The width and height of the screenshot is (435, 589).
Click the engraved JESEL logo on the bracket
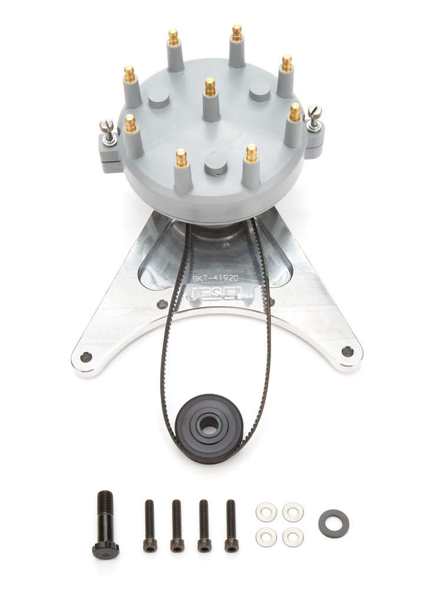point(216,293)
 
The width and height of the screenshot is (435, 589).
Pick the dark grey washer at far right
point(334,523)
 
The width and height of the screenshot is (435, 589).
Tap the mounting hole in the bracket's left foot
point(86,356)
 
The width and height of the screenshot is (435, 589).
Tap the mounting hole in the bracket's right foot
point(347,352)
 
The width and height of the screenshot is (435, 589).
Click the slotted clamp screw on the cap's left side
point(107,125)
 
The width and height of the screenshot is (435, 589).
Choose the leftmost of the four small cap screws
point(150,526)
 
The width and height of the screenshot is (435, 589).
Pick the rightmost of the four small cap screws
point(231,526)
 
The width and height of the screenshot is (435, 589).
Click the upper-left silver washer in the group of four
point(266,512)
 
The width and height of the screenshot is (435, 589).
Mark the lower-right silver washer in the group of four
point(293,537)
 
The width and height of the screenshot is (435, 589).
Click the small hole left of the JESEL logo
point(162,305)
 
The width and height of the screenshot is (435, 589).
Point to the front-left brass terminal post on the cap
point(181,157)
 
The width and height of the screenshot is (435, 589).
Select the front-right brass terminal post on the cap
point(252,153)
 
